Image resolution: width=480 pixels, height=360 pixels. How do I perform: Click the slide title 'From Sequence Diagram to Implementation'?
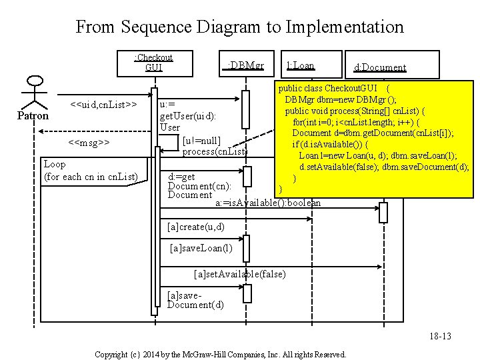click(x=239, y=27)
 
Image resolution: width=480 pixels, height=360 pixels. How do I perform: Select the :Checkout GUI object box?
click(x=153, y=62)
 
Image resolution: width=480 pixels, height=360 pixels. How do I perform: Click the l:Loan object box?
click(x=300, y=65)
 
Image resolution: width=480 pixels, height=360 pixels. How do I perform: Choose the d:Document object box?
click(x=379, y=67)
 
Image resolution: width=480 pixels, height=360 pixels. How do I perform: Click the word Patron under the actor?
click(x=33, y=116)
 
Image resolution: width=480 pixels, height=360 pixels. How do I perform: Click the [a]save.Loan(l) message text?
click(x=201, y=249)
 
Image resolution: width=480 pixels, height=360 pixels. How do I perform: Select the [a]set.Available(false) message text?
click(x=239, y=274)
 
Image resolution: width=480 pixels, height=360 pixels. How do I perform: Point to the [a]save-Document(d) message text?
click(x=196, y=300)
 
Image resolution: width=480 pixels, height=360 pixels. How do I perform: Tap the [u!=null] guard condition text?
click(x=201, y=141)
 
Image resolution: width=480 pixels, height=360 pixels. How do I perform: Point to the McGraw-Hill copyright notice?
click(x=220, y=354)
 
